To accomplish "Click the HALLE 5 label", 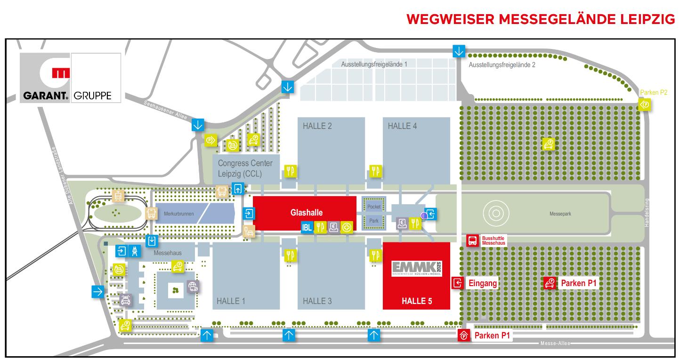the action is [x=416, y=301].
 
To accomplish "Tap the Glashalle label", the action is [x=306, y=212].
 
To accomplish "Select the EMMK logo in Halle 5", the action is [x=416, y=268].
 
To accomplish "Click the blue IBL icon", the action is [x=307, y=227].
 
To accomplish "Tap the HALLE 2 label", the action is [x=317, y=126].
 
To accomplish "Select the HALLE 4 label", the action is [x=402, y=126].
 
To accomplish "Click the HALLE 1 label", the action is [x=231, y=301].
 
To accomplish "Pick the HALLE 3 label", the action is [x=317, y=301].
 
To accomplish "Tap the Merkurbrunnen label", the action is [x=178, y=214].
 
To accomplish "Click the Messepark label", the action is [x=560, y=214].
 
